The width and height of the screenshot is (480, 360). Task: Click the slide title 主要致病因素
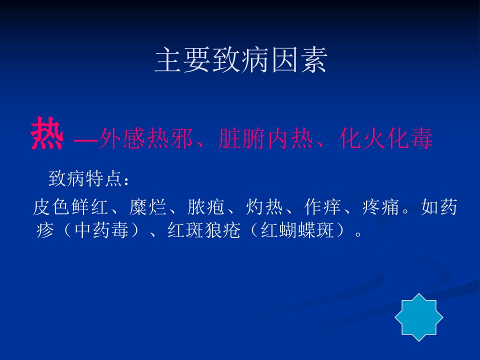[240, 60]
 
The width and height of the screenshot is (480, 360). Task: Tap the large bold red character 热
[47, 133]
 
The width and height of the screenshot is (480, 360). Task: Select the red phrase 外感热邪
[146, 138]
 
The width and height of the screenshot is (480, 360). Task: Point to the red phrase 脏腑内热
[265, 138]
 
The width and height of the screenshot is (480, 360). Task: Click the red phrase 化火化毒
[385, 138]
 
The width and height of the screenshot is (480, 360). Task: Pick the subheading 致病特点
[85, 178]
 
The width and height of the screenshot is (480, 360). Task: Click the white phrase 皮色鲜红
[70, 207]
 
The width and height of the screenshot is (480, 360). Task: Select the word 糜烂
[147, 207]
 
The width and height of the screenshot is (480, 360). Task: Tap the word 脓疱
[205, 207]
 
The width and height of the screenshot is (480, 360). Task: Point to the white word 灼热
[264, 207]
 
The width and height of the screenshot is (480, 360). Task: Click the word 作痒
[322, 207]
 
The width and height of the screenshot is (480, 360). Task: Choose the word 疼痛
[380, 207]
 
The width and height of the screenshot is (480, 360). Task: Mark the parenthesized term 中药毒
[101, 230]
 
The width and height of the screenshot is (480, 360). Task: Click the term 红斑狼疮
[204, 230]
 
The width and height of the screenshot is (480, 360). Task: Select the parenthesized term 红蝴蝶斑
[297, 230]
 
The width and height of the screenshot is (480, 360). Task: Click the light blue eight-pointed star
[419, 317]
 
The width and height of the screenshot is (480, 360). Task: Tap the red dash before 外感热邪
[85, 141]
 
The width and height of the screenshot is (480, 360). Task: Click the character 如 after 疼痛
[429, 207]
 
